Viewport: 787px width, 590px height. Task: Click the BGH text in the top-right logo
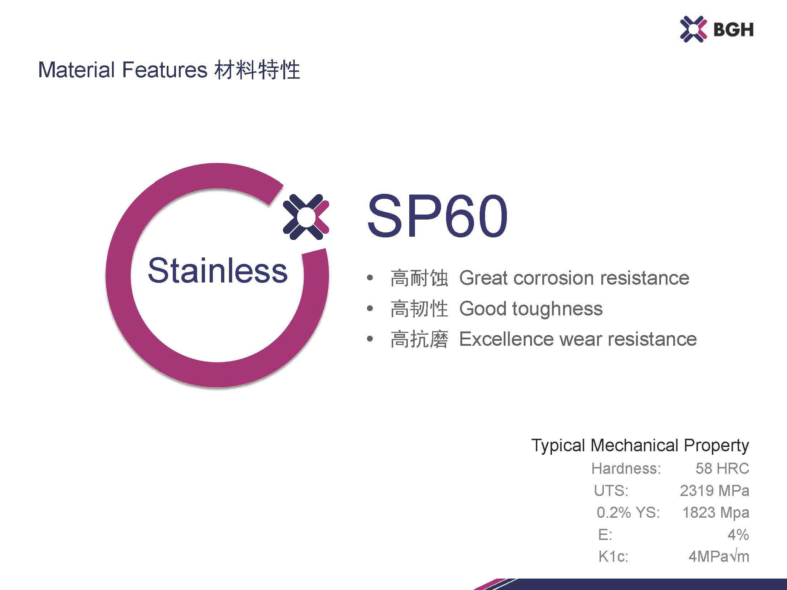click(733, 29)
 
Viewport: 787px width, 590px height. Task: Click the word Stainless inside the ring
click(217, 270)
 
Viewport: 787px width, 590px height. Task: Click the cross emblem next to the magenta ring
click(306, 217)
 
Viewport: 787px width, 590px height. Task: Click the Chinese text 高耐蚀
click(419, 278)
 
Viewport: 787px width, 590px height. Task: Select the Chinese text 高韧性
click(419, 309)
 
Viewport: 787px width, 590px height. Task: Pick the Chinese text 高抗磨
click(419, 339)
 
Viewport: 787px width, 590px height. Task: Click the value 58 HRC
click(722, 468)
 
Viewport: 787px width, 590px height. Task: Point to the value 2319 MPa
click(714, 491)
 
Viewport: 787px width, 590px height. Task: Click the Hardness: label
click(626, 468)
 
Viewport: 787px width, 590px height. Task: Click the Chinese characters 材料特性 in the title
click(257, 70)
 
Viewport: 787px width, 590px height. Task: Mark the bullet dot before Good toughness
click(370, 308)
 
